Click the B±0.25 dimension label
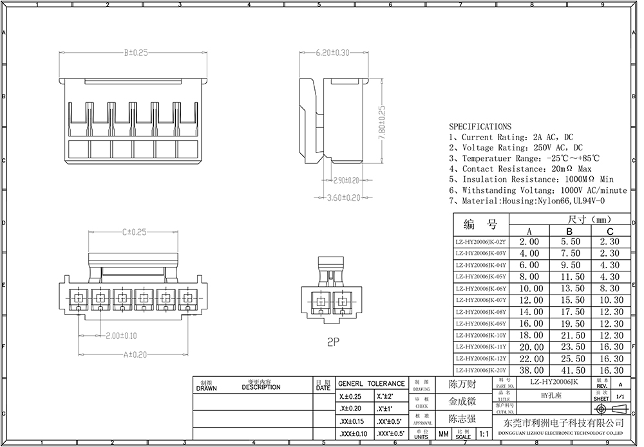click(136, 52)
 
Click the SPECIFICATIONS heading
click(480, 127)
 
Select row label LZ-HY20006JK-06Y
click(481, 289)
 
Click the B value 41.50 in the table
click(569, 371)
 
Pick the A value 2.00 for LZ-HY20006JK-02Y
click(529, 242)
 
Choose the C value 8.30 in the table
click(609, 289)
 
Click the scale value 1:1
click(483, 435)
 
